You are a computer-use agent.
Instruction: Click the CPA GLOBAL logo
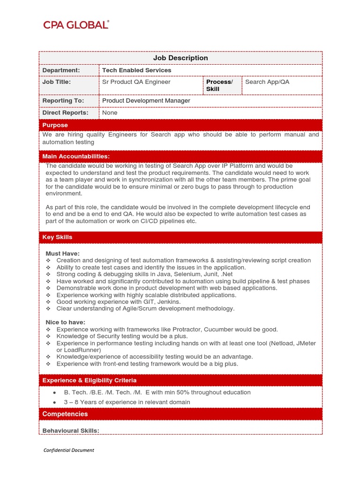[x=76, y=25]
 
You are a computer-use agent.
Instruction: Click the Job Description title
[x=180, y=58]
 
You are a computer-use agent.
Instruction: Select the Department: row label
[x=61, y=70]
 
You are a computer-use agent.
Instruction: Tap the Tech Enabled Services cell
[x=137, y=70]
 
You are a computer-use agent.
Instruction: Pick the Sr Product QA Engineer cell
[x=136, y=82]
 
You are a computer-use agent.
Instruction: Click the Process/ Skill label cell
[x=219, y=85]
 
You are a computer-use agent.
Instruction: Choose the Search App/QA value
[x=267, y=82]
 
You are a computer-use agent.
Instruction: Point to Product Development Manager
[x=146, y=101]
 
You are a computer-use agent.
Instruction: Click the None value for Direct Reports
[x=110, y=113]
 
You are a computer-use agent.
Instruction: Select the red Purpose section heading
[x=55, y=125]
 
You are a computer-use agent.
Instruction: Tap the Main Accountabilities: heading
[x=76, y=156]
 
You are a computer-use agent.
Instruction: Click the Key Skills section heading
[x=57, y=237]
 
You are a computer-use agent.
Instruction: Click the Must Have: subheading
[x=62, y=254]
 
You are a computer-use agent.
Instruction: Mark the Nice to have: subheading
[x=65, y=322]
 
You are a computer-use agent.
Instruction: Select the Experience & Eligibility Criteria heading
[x=89, y=380]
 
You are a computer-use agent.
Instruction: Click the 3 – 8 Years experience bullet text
[x=127, y=402]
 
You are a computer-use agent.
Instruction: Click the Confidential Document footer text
[x=68, y=450]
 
